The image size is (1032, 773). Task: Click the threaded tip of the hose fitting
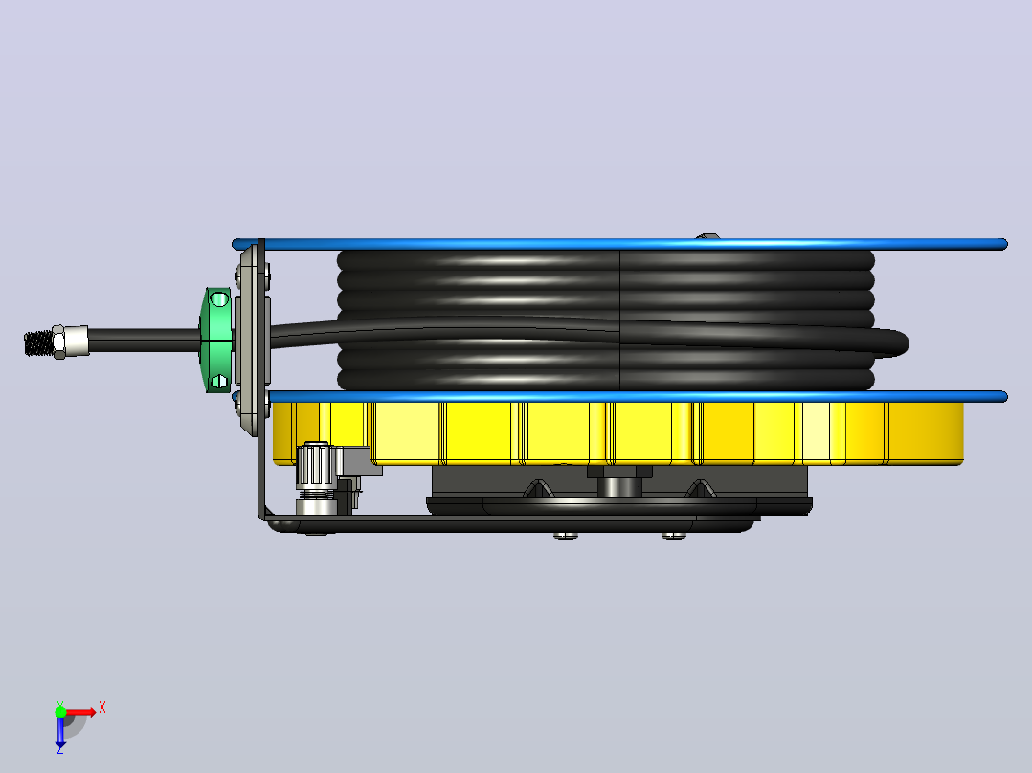point(38,342)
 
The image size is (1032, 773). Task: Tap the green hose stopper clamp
point(216,340)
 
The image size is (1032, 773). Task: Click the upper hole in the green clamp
point(220,300)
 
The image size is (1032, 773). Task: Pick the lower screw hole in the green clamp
point(220,381)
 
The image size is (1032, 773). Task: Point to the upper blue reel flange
point(619,244)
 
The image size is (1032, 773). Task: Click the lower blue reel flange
point(638,396)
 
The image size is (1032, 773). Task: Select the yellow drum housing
point(618,433)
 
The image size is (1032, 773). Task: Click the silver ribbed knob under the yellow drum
point(316,469)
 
